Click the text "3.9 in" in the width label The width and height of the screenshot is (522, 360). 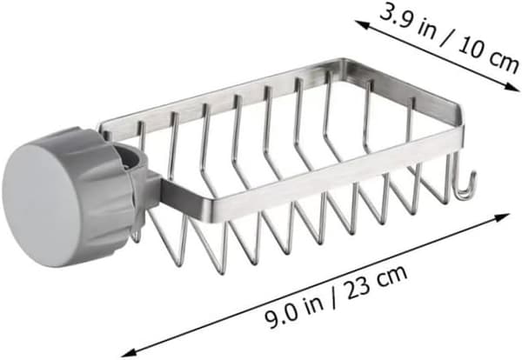point(407,20)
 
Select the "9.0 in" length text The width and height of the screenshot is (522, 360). point(294,309)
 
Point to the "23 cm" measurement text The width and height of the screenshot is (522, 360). point(377,280)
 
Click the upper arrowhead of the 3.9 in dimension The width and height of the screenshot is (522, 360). point(362,24)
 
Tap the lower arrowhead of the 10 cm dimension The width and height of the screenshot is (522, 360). point(513,87)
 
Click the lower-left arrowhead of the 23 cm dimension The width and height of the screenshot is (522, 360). point(128,352)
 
